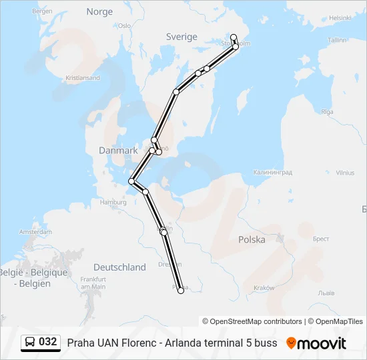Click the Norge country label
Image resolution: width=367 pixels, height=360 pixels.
pyautogui.click(x=99, y=12)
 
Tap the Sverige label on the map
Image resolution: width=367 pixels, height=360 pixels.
pyautogui.click(x=181, y=37)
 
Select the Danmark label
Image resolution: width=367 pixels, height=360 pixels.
pyautogui.click(x=118, y=151)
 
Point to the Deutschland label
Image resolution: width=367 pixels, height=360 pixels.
pyautogui.click(x=119, y=267)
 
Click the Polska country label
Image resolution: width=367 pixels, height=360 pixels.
pyautogui.click(x=252, y=239)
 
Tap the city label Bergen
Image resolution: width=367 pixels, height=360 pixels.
pyautogui.click(x=42, y=11)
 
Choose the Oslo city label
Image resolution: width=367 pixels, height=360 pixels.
pyautogui.click(x=124, y=25)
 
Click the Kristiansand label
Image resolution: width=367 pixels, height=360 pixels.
pyautogui.click(x=83, y=78)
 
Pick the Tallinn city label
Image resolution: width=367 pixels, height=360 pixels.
pyautogui.click(x=338, y=40)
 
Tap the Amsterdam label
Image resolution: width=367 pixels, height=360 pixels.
pyautogui.click(x=36, y=232)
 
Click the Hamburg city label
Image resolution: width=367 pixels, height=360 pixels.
pyautogui.click(x=112, y=202)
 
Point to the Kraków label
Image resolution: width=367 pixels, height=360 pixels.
pyautogui.click(x=264, y=287)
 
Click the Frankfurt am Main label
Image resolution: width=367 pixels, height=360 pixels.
pyautogui.click(x=93, y=282)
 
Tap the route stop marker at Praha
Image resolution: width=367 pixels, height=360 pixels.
pyautogui.click(x=181, y=290)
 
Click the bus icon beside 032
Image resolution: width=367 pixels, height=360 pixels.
pyautogui.click(x=31, y=343)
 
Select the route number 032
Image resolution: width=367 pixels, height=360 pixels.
pyautogui.click(x=48, y=342)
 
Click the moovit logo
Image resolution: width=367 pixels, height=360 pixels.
pyautogui.click(x=316, y=343)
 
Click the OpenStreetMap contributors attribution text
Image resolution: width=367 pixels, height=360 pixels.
pyautogui.click(x=256, y=321)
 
